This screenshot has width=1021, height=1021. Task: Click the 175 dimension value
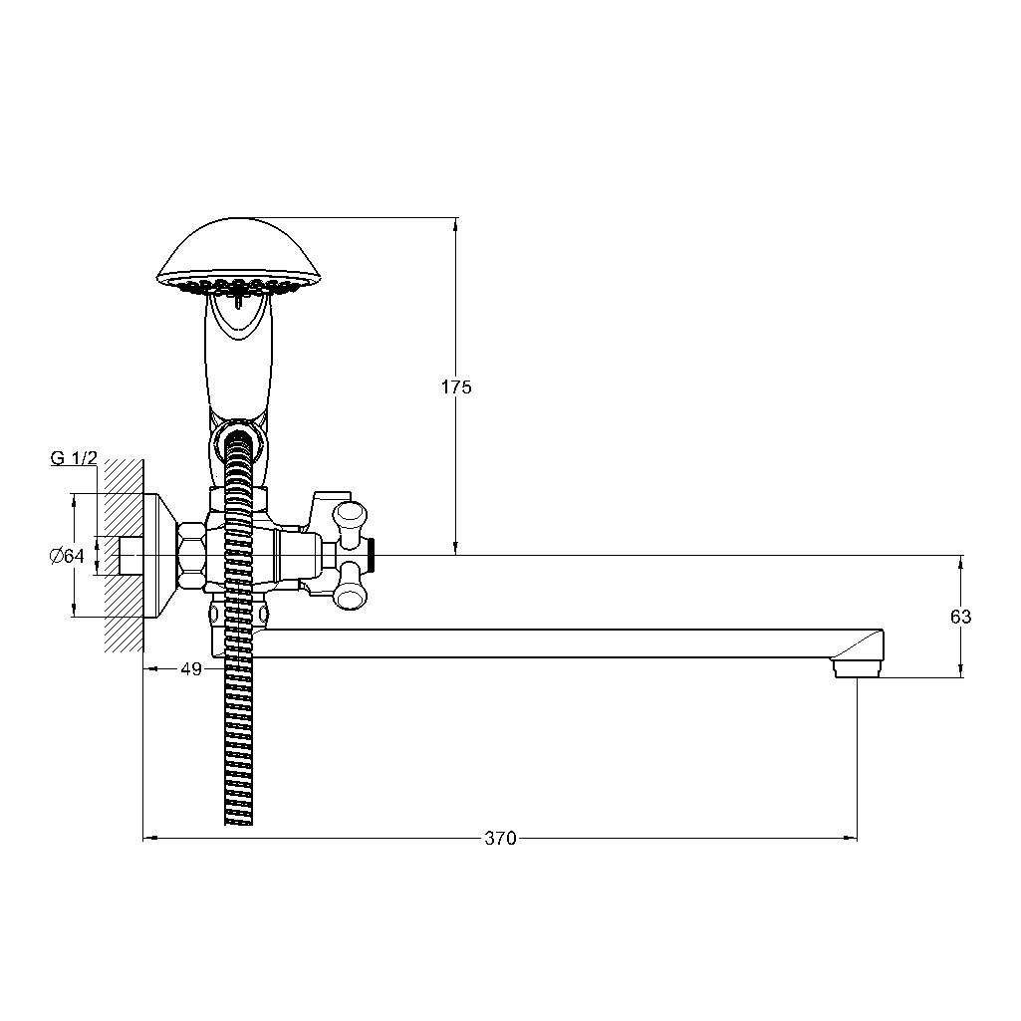456,386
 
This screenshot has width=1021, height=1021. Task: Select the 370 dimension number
500,838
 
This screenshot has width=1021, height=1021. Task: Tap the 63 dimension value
960,616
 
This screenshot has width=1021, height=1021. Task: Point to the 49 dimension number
191,668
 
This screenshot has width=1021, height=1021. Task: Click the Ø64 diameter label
67,556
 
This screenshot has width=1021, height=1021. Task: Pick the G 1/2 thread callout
74,458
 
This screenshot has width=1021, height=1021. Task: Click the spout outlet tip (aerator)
858,667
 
